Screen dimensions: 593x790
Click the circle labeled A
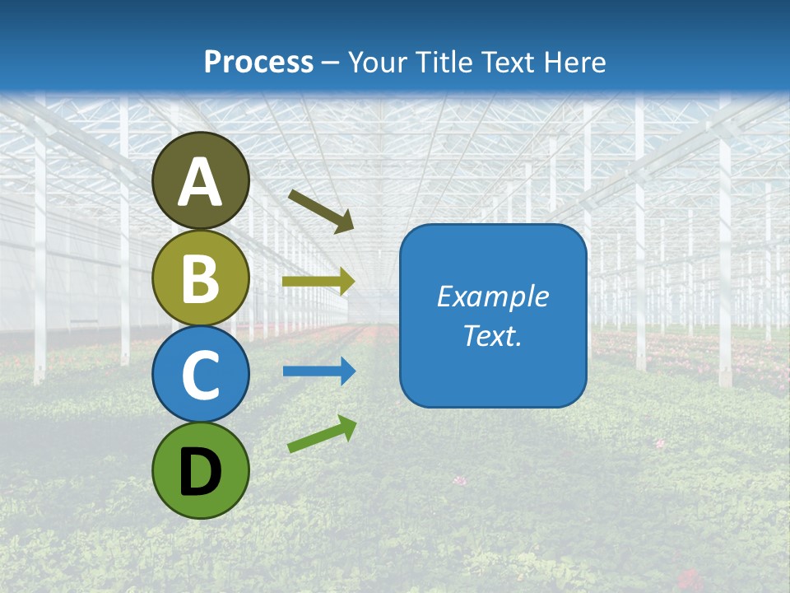point(201,180)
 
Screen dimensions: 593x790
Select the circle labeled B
point(201,278)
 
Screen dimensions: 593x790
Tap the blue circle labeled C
point(201,374)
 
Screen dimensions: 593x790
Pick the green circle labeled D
point(201,470)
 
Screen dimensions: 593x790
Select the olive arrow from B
point(318,282)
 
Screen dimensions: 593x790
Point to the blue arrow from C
point(318,371)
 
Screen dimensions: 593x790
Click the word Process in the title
point(258,62)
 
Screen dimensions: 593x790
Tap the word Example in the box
point(493,296)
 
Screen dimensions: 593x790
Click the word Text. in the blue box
point(493,335)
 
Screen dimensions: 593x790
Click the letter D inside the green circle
point(201,473)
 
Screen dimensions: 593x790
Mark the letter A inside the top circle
point(201,182)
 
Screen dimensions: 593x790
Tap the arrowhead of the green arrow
point(348,426)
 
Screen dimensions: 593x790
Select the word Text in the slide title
point(507,62)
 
